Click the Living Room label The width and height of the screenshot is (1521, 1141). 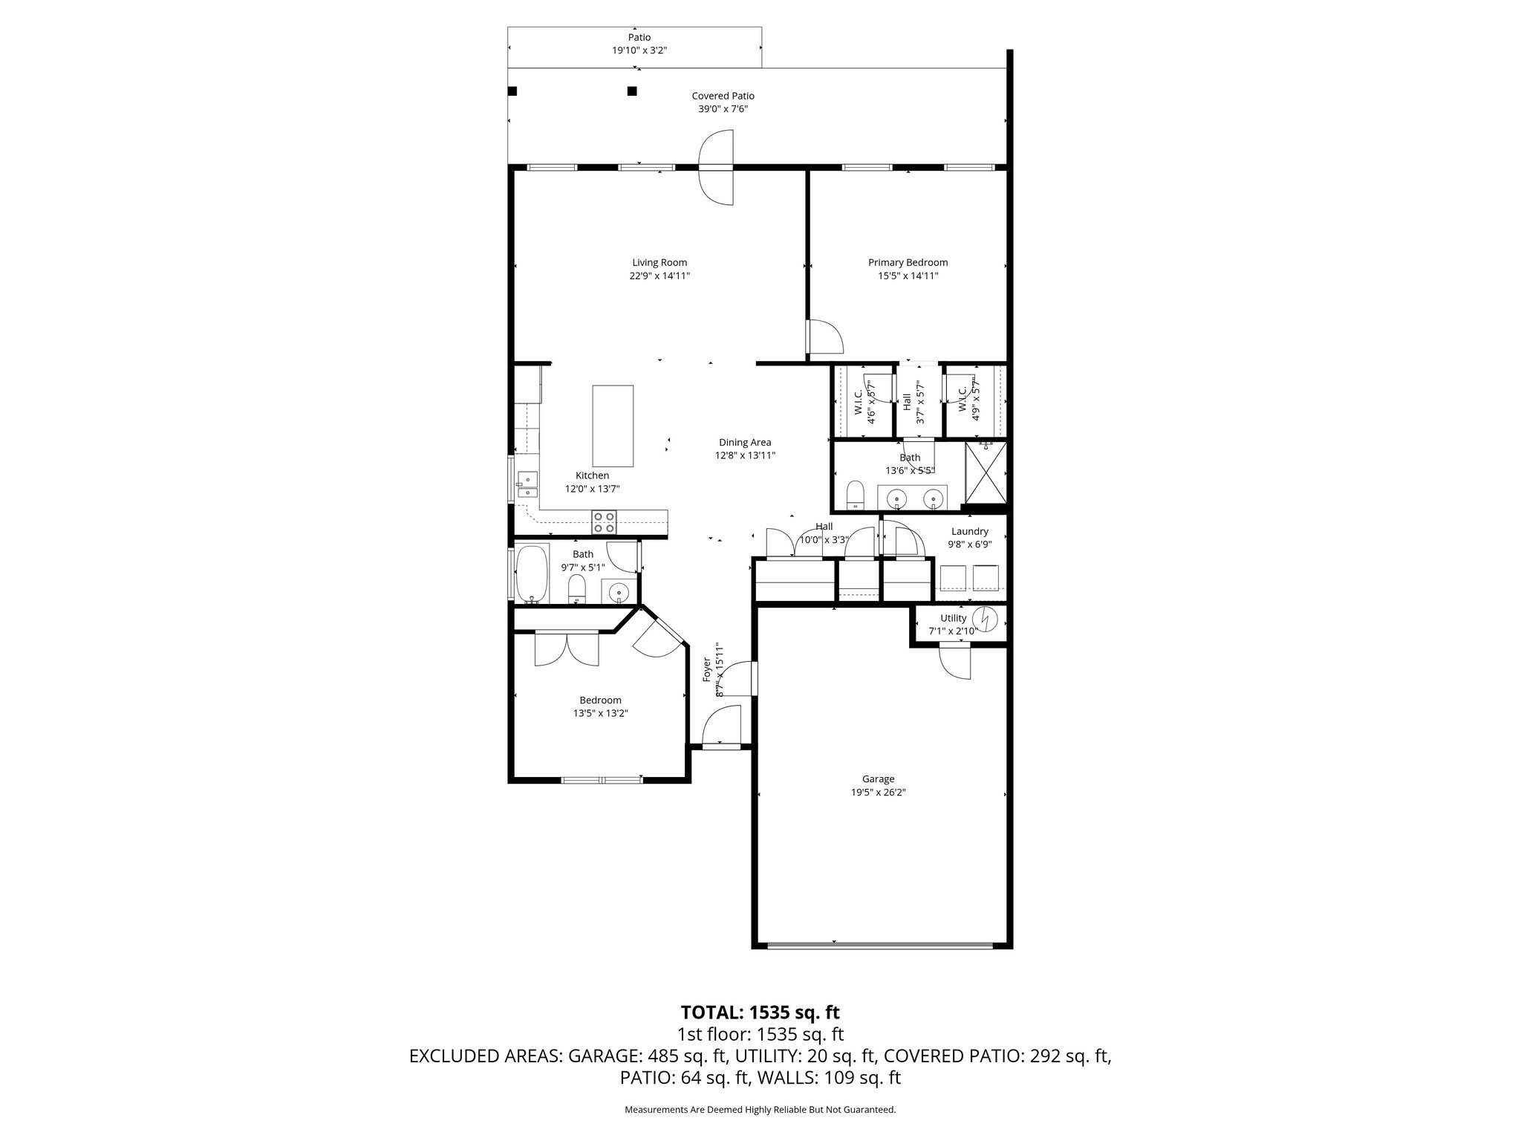point(659,262)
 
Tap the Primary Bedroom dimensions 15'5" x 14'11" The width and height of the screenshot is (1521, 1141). point(908,276)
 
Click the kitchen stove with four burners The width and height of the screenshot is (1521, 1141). point(603,522)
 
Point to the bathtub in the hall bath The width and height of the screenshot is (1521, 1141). point(532,574)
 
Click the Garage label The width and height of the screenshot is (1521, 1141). point(878,779)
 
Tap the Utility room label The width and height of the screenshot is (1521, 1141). point(953,618)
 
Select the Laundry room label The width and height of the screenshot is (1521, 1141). point(969,531)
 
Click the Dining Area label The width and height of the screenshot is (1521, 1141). point(745,442)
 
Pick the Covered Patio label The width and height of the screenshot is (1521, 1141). point(723,96)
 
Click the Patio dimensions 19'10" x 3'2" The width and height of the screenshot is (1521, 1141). point(639,51)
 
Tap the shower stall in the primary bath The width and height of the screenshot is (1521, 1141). point(986,473)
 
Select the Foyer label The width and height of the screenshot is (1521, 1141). point(707,669)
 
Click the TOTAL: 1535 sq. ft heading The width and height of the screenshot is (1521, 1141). point(760,1012)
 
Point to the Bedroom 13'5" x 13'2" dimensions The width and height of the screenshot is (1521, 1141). point(600,713)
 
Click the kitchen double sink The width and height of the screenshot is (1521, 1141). point(527,485)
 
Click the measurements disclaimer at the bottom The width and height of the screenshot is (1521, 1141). point(760,1110)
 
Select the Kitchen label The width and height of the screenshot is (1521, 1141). point(592,475)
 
